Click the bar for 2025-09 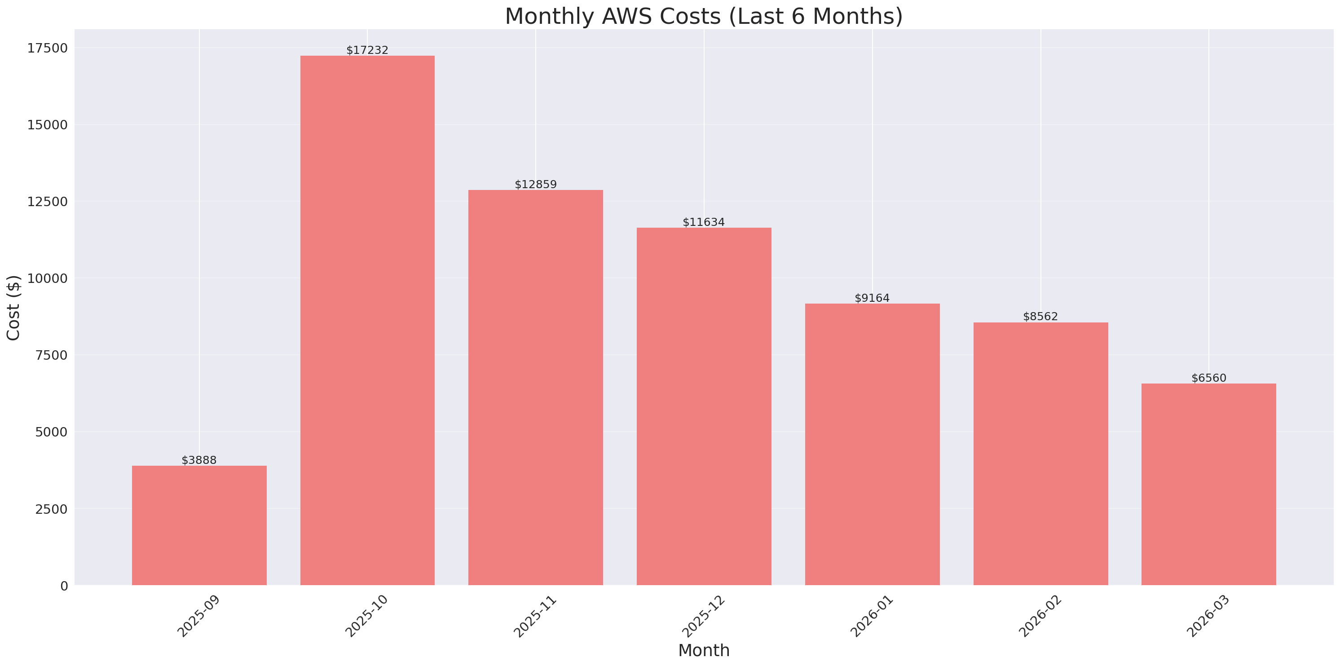(x=199, y=525)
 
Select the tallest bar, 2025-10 (x=367, y=320)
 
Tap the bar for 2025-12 (x=704, y=406)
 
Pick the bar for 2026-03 (x=1208, y=484)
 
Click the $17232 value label (x=367, y=50)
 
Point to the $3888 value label (x=199, y=460)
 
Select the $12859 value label (x=536, y=185)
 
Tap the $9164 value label (x=873, y=298)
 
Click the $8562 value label (x=1040, y=317)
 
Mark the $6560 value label (x=1208, y=378)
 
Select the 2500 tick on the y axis (x=51, y=509)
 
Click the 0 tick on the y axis (x=64, y=587)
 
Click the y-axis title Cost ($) (x=13, y=308)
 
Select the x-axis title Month (x=704, y=651)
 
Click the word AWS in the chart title (x=626, y=16)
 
